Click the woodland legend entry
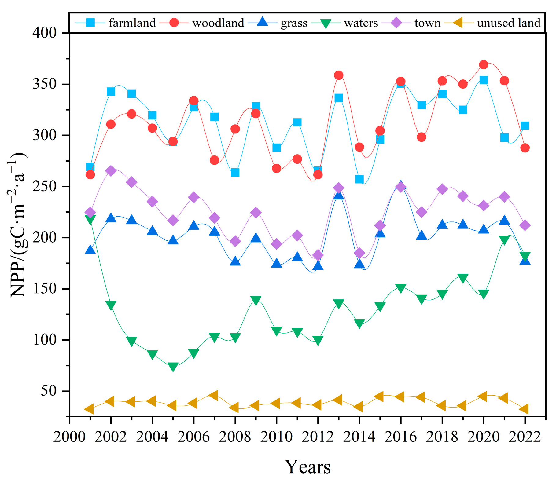pos(202,23)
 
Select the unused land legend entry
pos(492,23)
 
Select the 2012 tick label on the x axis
pos(318,437)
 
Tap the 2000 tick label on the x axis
pos(69,437)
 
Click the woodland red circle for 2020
pos(484,64)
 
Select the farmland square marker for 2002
pos(111,92)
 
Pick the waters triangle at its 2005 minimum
pos(173,367)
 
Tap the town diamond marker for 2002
pos(111,171)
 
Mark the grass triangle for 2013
pos(339,195)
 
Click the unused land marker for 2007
pos(214,395)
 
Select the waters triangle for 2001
pos(90,219)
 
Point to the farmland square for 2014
pos(359,179)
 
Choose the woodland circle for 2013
pos(339,75)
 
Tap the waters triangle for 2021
pos(504,240)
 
